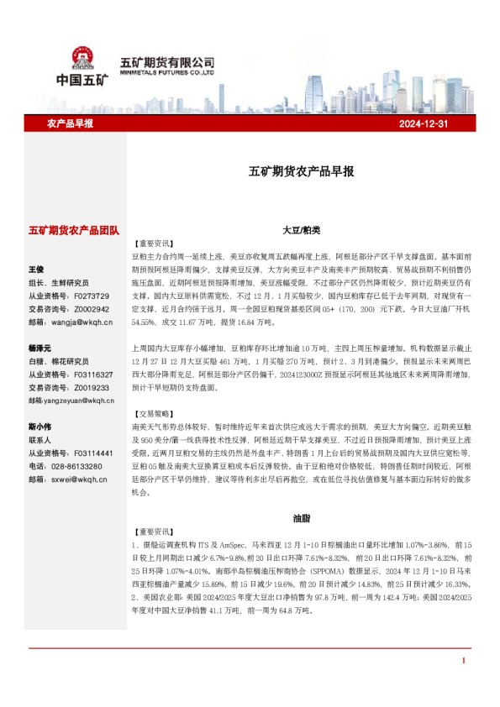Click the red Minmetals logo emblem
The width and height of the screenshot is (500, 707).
[82, 59]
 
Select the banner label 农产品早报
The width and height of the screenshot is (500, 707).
[70, 123]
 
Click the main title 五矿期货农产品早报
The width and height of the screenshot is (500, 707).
[301, 170]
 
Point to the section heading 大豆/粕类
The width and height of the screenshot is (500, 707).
[301, 229]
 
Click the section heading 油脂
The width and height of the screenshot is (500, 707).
[301, 518]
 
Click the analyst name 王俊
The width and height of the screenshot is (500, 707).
[36, 270]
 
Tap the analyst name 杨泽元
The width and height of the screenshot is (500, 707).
[40, 348]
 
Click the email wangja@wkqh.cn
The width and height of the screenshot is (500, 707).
[82, 322]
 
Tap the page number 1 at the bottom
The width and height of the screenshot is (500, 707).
[463, 684]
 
